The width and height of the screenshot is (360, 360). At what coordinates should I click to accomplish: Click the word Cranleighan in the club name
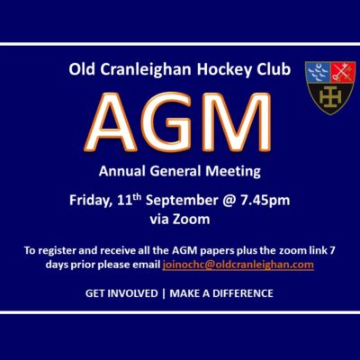146,69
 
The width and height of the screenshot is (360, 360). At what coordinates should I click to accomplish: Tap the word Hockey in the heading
223,70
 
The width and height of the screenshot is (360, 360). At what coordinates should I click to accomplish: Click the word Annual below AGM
122,171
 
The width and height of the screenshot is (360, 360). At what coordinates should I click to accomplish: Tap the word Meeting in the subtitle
233,171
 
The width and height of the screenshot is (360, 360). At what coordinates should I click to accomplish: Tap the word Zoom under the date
191,220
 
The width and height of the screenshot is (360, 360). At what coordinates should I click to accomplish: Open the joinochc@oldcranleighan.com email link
238,265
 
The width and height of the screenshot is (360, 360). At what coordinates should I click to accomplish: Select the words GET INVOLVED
121,293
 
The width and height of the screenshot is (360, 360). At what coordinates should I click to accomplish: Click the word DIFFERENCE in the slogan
243,293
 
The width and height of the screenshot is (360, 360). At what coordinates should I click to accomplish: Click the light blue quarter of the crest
318,73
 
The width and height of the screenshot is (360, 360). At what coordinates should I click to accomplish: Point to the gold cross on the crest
330,97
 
